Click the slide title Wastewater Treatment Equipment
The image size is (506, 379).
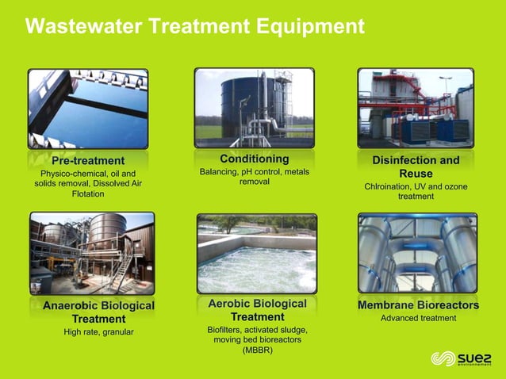194,27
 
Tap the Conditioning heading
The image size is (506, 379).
254,159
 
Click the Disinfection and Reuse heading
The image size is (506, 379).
416,167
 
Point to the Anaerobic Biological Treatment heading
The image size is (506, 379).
98,312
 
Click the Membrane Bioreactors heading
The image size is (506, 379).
418,304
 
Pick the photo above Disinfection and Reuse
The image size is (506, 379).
415,108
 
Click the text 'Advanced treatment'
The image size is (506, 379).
418,318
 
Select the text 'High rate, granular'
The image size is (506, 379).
98,331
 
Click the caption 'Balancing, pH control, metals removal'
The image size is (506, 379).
254,176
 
